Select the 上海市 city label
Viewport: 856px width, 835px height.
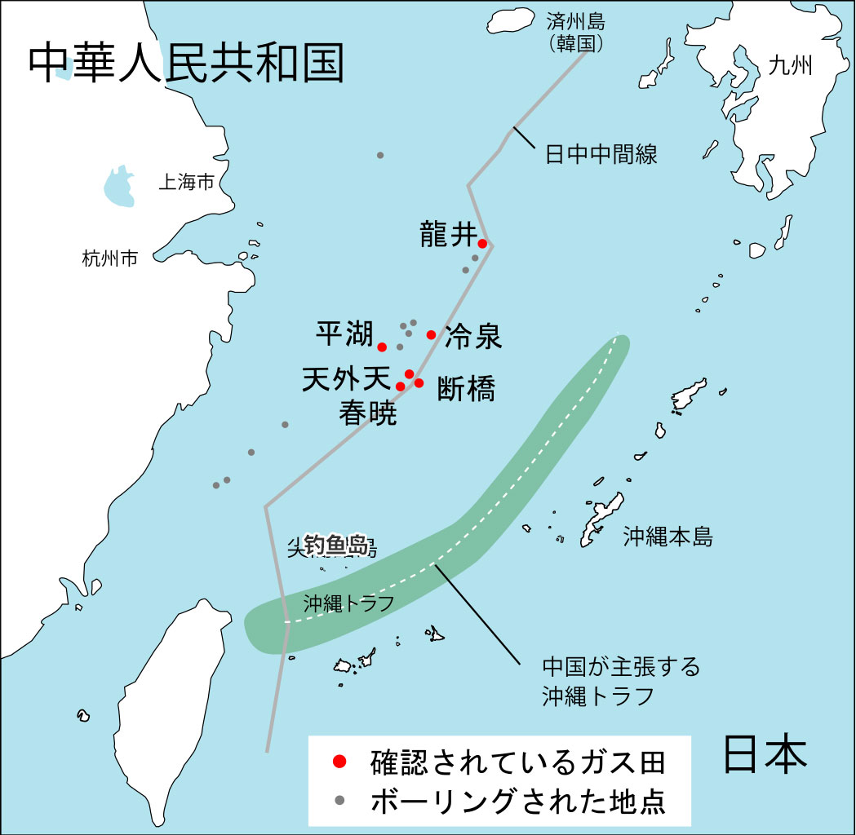pos(186,182)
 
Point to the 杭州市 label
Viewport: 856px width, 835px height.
pos(110,259)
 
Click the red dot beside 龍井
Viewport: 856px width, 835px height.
pos(482,243)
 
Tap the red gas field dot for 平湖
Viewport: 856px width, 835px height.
pos(382,347)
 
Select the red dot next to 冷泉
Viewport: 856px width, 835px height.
pos(431,334)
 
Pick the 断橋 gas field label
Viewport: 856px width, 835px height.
pos(466,389)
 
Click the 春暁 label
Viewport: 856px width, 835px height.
pos(368,414)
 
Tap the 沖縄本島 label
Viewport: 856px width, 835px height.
pos(668,537)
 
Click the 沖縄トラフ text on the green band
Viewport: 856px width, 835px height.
pos(348,603)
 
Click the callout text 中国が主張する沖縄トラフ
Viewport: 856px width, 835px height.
pos(621,682)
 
